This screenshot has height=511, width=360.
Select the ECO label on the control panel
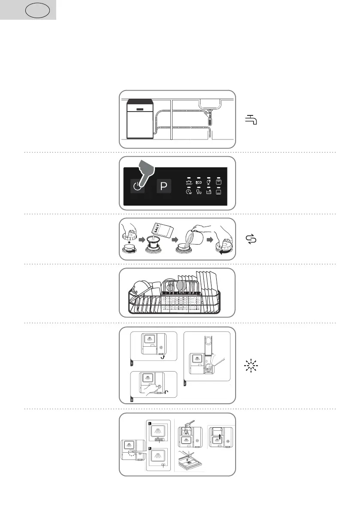pos(199,182)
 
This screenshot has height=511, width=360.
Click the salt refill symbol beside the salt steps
pos(251,239)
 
